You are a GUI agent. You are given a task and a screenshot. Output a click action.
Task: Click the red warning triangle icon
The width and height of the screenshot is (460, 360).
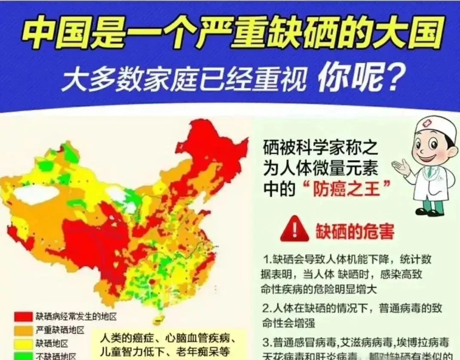click(294, 232)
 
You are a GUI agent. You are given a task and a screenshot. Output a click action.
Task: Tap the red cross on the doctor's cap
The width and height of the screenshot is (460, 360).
click(426, 123)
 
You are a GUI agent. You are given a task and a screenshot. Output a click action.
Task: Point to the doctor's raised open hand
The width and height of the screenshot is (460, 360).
click(402, 167)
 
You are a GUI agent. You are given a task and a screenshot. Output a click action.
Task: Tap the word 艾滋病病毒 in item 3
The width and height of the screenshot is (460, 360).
click(365, 342)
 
